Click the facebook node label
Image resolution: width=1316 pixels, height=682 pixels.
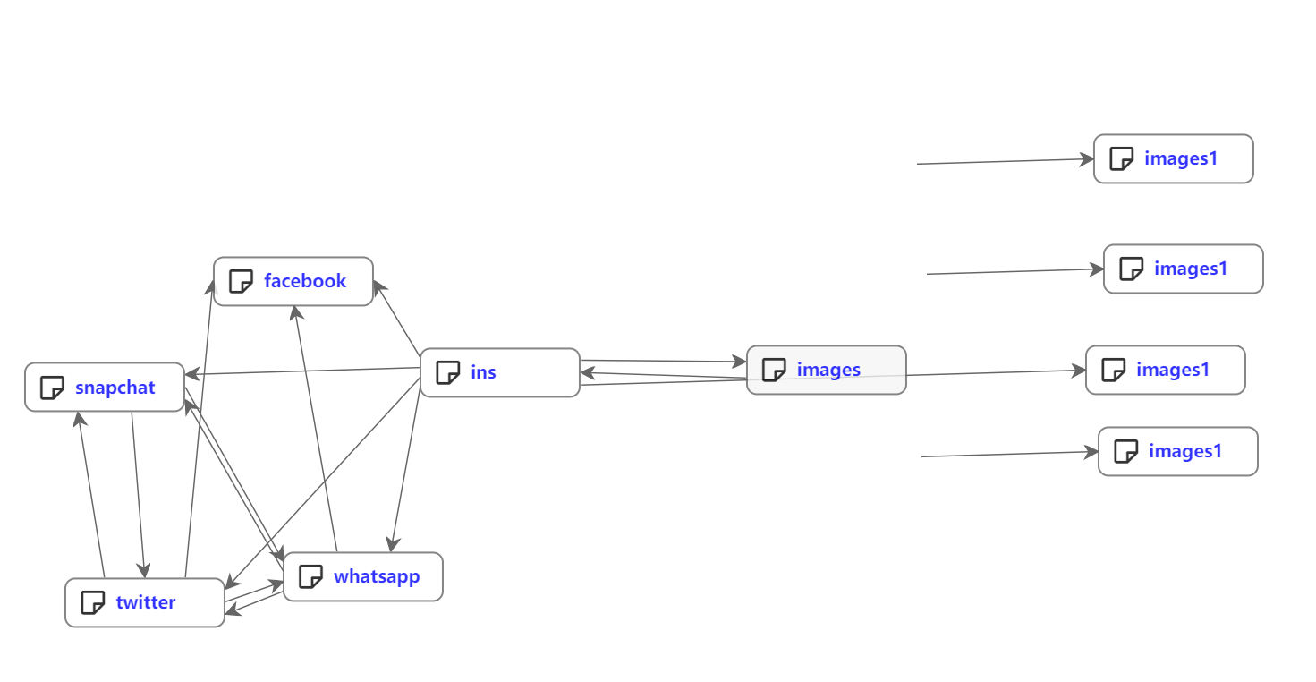(304, 281)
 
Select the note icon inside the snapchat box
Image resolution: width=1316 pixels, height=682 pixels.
(52, 388)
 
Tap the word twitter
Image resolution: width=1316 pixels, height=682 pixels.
(145, 602)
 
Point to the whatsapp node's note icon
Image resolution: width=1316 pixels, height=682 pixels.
(310, 576)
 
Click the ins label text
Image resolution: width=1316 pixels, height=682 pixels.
(483, 372)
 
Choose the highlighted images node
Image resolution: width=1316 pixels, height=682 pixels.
(826, 370)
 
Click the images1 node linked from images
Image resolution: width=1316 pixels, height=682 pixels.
(1165, 370)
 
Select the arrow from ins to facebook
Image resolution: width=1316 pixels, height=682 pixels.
(397, 319)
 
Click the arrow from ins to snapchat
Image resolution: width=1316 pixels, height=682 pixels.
(304, 371)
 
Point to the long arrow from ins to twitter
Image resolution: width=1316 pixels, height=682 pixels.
(322, 484)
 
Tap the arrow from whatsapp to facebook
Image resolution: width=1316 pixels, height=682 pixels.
(315, 430)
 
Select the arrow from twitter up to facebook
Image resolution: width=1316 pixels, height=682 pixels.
(200, 430)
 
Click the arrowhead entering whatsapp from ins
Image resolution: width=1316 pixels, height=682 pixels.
(392, 544)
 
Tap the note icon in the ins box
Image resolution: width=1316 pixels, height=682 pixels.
(447, 372)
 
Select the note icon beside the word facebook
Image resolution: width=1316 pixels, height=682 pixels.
(241, 281)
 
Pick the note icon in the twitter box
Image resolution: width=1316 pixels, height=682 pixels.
(92, 602)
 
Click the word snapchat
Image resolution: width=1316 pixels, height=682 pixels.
(115, 388)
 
